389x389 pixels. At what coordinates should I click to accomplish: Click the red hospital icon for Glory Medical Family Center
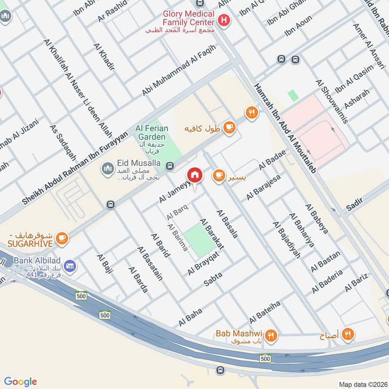[x=224, y=20]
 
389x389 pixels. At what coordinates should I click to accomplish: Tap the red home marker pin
[x=195, y=175]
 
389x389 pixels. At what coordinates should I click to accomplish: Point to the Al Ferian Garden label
[x=152, y=132]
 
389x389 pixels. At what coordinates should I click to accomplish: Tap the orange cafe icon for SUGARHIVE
[x=61, y=237]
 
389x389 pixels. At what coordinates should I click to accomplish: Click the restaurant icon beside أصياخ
[x=348, y=334]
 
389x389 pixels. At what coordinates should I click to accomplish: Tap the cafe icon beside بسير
[x=219, y=175]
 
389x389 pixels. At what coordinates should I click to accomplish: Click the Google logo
[x=20, y=382]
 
